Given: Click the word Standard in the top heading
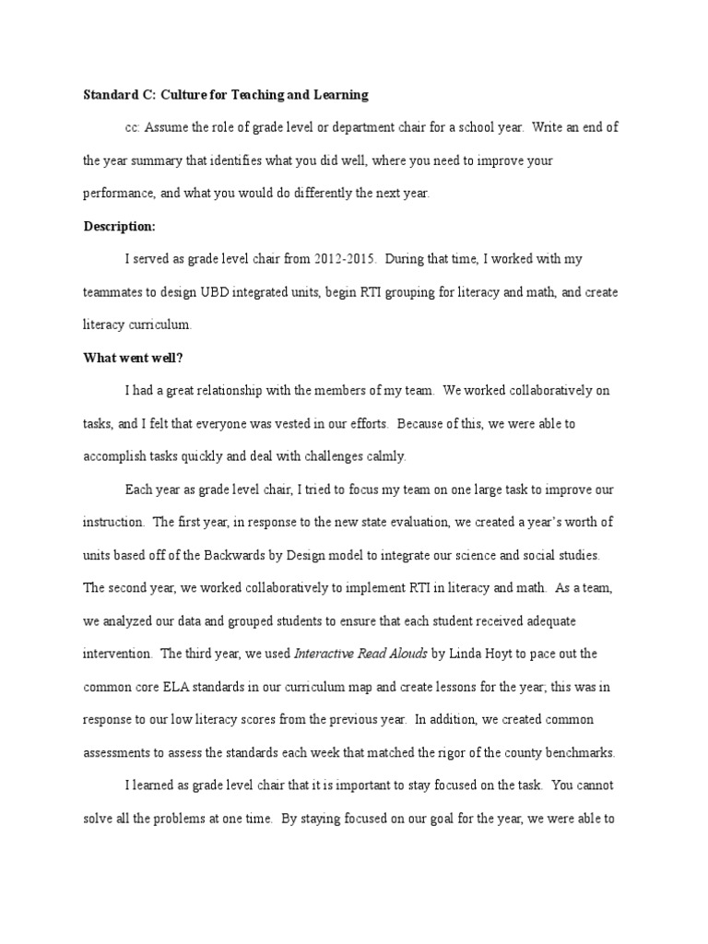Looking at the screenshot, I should pos(109,94).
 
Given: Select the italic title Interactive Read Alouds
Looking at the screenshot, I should pos(360,654).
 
